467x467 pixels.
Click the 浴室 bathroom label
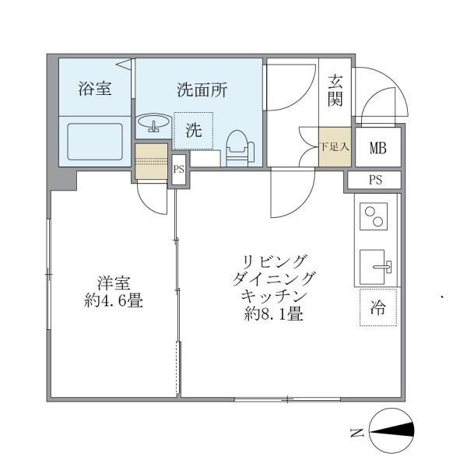pos(95,89)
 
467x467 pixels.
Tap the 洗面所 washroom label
pos(202,90)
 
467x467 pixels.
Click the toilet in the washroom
pos(238,144)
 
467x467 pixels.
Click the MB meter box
pos(377,148)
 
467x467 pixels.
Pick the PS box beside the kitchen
pos(375,181)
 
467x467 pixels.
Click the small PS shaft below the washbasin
pos(178,168)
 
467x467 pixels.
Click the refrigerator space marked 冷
pos(377,307)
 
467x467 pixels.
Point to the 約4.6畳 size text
pos(113,300)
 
